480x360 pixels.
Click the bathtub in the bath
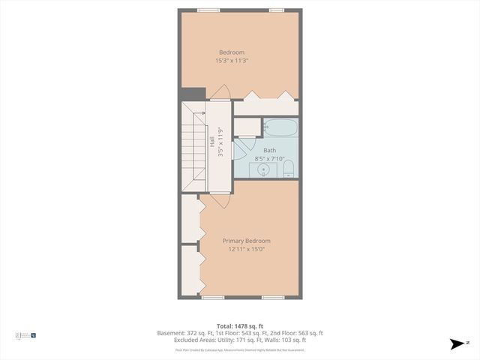(x=280, y=127)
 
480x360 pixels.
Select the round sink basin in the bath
(x=264, y=169)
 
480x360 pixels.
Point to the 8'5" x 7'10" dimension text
(x=269, y=159)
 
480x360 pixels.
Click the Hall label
(x=213, y=140)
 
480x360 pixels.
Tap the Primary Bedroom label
(x=247, y=241)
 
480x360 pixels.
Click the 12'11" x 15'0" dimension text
(x=247, y=250)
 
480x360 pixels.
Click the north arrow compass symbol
(x=456, y=344)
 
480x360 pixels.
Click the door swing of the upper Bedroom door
(x=219, y=93)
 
